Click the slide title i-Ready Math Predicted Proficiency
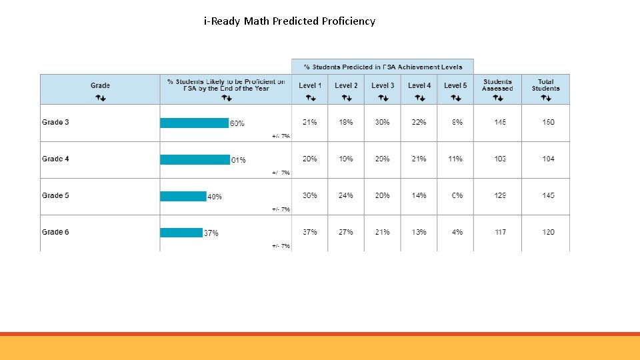289,21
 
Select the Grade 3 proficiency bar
194,123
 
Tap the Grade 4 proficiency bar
195,159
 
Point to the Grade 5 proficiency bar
183,196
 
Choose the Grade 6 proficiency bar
181,233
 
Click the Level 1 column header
310,85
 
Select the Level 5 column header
455,85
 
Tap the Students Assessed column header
497,85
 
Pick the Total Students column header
545,85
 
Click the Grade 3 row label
55,123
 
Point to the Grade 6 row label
55,233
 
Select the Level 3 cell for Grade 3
382,123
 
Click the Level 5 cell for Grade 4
455,159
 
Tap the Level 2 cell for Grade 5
346,196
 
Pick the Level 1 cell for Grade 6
310,233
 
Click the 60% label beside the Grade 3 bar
237,123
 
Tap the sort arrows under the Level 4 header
419,98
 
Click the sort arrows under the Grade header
101,98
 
